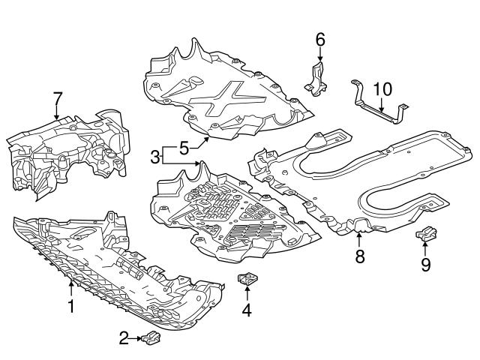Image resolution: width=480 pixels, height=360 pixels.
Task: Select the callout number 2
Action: [x=125, y=339]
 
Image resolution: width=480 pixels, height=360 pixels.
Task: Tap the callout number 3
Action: [x=154, y=157]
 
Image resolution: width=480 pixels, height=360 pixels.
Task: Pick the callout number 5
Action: [x=184, y=148]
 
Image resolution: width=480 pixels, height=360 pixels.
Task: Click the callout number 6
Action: [x=319, y=40]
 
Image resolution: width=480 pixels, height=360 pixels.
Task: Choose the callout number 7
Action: [x=57, y=97]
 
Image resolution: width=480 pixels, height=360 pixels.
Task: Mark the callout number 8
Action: [x=359, y=257]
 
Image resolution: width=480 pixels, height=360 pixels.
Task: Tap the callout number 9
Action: [x=425, y=263]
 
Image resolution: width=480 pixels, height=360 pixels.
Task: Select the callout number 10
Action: [x=382, y=89]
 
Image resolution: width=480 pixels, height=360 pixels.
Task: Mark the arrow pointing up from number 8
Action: [x=359, y=241]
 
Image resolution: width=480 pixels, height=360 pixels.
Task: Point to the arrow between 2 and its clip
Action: [x=136, y=339]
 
